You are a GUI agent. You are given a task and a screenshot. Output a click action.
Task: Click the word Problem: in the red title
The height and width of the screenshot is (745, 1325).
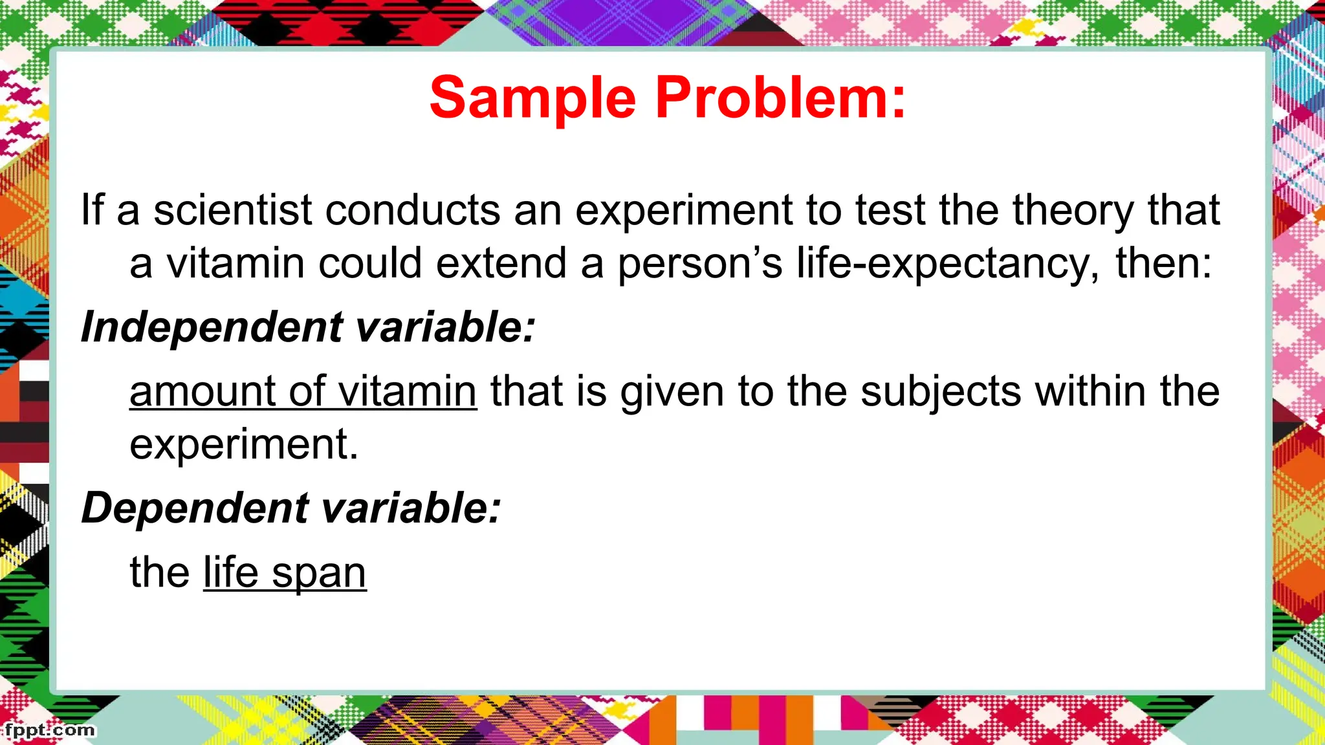tap(780, 98)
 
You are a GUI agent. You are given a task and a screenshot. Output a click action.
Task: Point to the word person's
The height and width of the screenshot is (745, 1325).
tap(699, 264)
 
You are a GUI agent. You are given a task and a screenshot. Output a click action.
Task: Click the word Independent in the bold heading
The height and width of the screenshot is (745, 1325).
tap(212, 327)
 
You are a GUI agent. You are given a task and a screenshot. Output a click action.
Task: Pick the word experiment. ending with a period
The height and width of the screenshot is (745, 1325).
tap(244, 445)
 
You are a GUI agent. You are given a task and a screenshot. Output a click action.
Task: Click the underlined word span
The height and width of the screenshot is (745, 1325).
tap(319, 573)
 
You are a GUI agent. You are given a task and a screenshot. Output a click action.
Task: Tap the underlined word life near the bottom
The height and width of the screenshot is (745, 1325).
tap(231, 573)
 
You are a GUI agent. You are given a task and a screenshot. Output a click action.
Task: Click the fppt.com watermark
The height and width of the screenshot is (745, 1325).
tap(49, 731)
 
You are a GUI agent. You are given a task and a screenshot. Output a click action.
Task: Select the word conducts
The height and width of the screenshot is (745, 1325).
tap(413, 210)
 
